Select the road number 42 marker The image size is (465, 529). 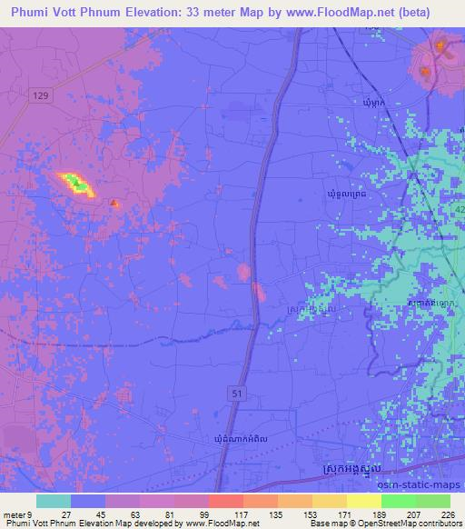click(x=458, y=208)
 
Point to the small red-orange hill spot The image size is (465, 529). click(x=113, y=204)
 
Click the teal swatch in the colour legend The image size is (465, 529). click(x=54, y=500)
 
